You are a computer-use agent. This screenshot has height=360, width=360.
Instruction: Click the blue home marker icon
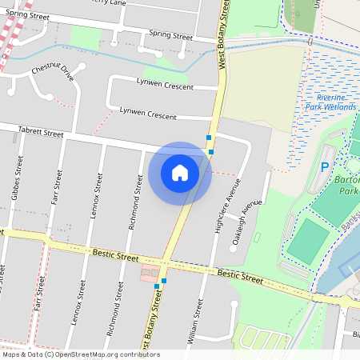pyautogui.click(x=180, y=173)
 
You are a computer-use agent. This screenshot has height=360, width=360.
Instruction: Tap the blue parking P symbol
pyautogui.click(x=325, y=167)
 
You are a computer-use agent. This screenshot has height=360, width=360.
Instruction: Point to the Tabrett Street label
pyautogui.click(x=41, y=133)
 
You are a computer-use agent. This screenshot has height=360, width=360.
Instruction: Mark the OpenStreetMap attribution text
pyautogui.click(x=80, y=354)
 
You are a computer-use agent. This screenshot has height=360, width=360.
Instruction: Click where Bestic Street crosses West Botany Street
pyautogui.click(x=166, y=263)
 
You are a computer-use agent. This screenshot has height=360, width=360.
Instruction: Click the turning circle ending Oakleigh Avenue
pyautogui.click(x=232, y=248)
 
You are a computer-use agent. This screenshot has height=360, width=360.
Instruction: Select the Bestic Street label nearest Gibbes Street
pyautogui.click(x=115, y=256)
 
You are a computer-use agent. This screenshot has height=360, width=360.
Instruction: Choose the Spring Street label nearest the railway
pyautogui.click(x=28, y=16)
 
